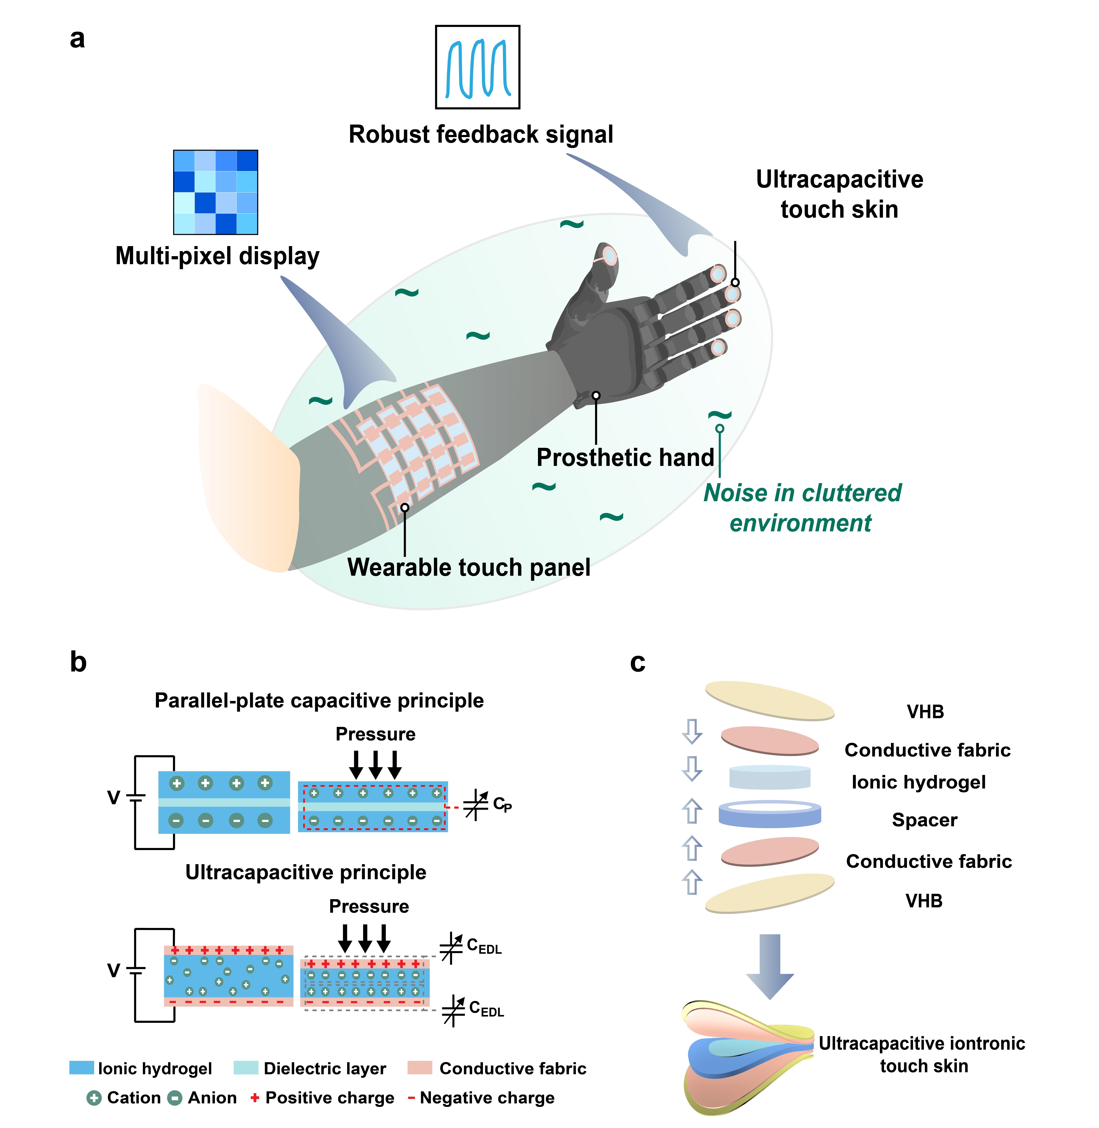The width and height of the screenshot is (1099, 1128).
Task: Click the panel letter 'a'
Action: click(77, 39)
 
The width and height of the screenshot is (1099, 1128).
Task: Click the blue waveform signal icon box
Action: click(477, 67)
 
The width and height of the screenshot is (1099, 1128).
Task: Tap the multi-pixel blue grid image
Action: click(215, 192)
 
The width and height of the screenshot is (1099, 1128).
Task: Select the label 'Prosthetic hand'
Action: click(625, 457)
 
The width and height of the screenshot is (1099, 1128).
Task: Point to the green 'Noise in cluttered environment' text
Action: click(802, 508)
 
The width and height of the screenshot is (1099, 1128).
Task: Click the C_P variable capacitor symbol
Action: click(476, 805)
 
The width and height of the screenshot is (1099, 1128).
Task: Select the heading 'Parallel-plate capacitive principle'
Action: click(319, 701)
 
